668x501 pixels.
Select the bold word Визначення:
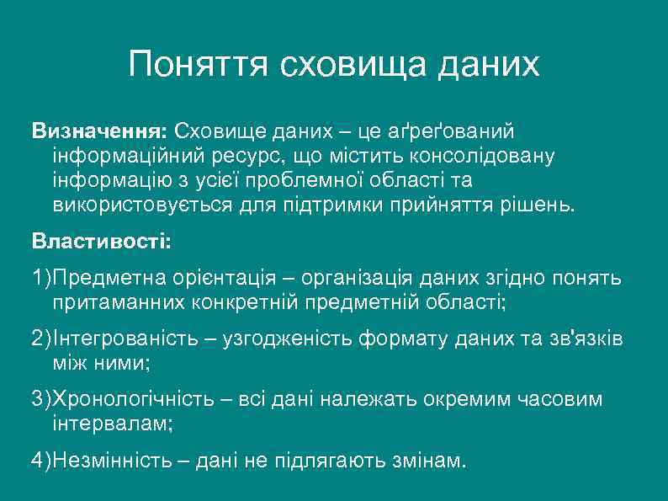click(100, 131)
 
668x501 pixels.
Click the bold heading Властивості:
click(101, 242)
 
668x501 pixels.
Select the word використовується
click(137, 205)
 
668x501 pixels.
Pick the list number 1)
click(41, 278)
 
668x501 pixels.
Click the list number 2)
click(41, 339)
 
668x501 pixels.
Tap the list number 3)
click(41, 399)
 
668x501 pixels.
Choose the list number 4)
click(41, 461)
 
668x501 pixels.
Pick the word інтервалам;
click(112, 424)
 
